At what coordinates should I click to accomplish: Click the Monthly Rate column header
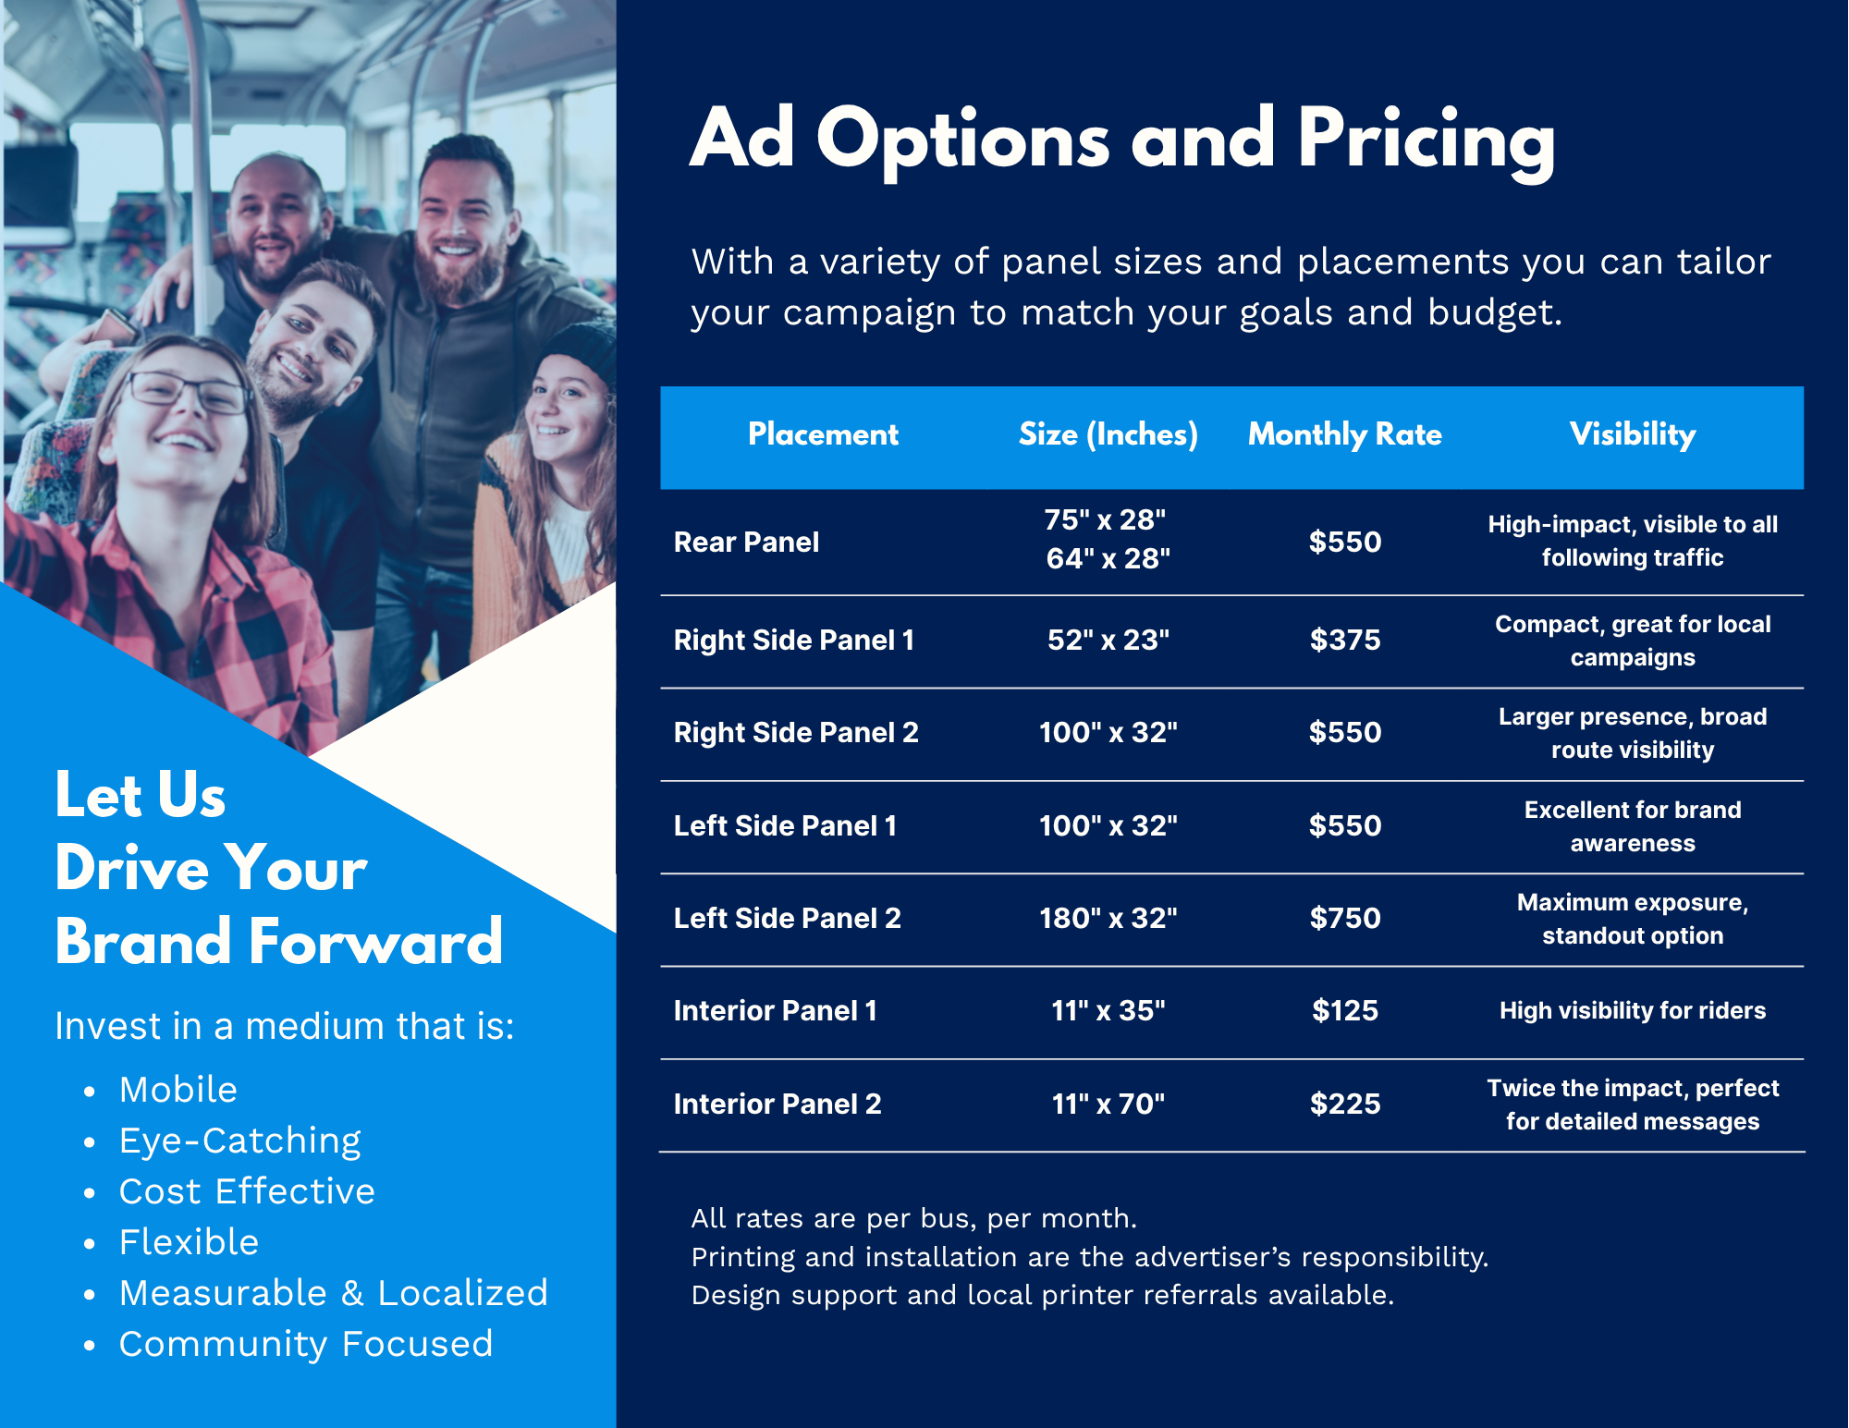1344,434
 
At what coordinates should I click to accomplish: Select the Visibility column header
1633,434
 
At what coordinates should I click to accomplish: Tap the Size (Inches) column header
1108,434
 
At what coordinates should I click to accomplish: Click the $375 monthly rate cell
1345,640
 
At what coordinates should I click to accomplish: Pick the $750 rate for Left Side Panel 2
1345,918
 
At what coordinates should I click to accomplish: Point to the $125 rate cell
1345,1010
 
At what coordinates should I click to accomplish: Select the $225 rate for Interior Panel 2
1345,1104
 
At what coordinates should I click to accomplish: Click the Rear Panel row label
746,542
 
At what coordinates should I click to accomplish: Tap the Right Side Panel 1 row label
794,640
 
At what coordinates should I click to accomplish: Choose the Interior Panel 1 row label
776,1010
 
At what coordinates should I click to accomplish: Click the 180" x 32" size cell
1108,918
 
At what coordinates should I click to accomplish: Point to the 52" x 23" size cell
1108,640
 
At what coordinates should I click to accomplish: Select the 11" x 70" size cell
1108,1104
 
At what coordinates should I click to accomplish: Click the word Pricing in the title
1427,140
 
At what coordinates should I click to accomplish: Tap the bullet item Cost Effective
248,1191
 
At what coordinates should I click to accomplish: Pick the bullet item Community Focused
306,1344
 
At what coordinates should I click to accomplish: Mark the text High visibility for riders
1633,1010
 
